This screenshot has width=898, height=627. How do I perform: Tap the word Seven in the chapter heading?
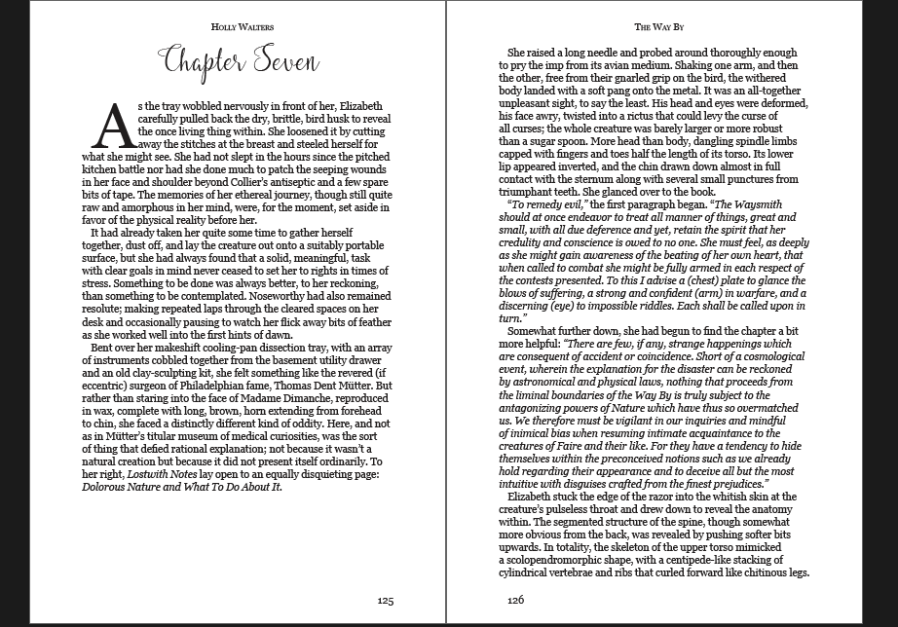[274, 63]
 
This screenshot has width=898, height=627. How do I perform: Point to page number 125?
[385, 601]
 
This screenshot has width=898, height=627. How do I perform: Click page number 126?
[515, 601]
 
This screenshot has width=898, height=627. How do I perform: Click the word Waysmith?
[737, 217]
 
